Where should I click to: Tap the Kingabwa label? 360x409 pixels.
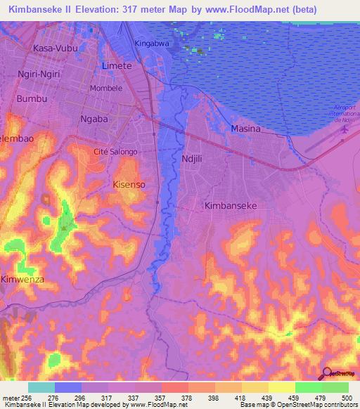point(153,43)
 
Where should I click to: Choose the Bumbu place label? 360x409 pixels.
point(32,99)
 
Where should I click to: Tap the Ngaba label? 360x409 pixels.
point(94,119)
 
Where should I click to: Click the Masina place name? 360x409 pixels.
point(245,129)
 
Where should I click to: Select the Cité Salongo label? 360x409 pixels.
point(115,152)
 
